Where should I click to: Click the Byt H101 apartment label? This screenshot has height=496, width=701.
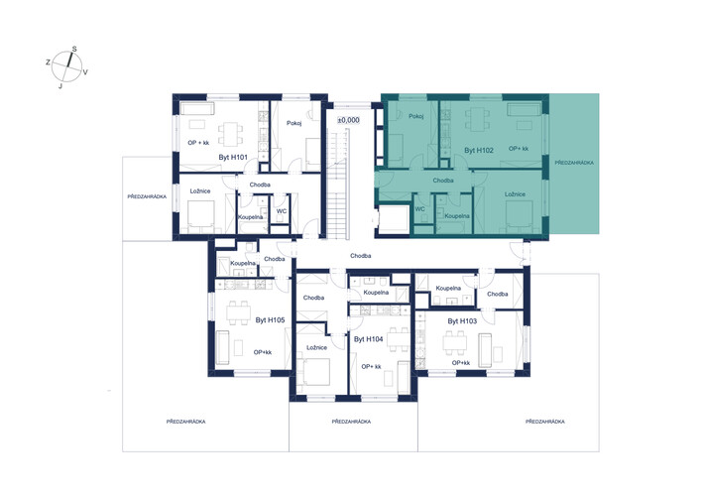(233, 158)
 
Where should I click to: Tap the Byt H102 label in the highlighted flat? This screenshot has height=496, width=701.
(479, 150)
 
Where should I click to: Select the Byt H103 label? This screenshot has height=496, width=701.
(462, 321)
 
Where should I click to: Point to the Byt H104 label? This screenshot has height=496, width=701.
(369, 339)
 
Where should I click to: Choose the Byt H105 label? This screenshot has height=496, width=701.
(270, 320)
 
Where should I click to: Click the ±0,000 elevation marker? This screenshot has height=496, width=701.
(348, 120)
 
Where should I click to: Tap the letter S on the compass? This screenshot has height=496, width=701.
(74, 49)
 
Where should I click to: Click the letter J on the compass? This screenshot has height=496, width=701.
(60, 86)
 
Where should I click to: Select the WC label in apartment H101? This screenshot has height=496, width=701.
(282, 211)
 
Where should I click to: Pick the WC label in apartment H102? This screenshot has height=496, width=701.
(419, 209)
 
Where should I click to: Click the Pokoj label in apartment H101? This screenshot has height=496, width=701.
(294, 123)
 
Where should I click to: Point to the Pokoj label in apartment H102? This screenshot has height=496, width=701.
(416, 116)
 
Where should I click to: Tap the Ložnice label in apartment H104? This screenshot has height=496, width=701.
(317, 347)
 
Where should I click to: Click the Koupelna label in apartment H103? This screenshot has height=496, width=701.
(448, 288)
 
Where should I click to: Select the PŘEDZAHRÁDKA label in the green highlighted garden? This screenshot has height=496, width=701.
(574, 163)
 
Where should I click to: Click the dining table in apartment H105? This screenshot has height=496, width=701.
(238, 312)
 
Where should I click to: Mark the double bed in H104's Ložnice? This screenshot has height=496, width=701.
(315, 371)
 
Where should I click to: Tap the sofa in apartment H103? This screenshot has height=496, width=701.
(485, 350)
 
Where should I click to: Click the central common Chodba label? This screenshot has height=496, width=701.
(360, 256)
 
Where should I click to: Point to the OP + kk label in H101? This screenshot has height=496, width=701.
(198, 143)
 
